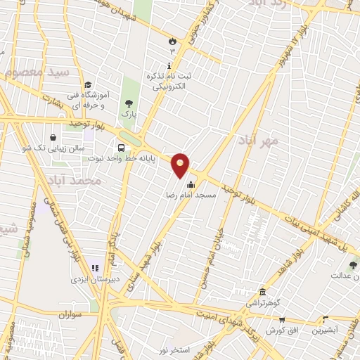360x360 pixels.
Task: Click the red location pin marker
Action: coord(181,165)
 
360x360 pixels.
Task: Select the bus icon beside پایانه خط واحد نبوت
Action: coord(122,148)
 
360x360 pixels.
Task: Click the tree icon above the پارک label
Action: coord(128,103)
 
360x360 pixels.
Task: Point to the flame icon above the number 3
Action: coord(172,41)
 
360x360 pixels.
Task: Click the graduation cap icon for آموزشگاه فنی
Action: coord(87,84)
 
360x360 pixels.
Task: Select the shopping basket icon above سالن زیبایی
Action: coord(54,138)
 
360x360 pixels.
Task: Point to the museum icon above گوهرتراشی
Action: coord(262,291)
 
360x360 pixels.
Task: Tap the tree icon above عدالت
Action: coord(352,265)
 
